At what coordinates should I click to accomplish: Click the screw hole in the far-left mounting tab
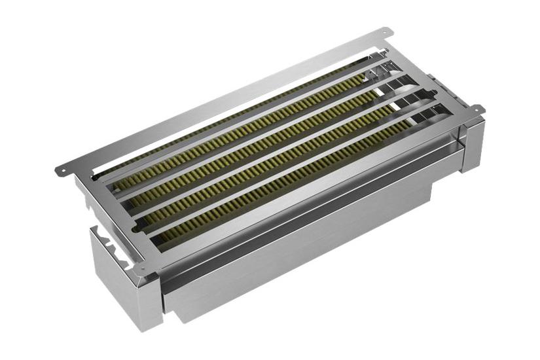[62, 170]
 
